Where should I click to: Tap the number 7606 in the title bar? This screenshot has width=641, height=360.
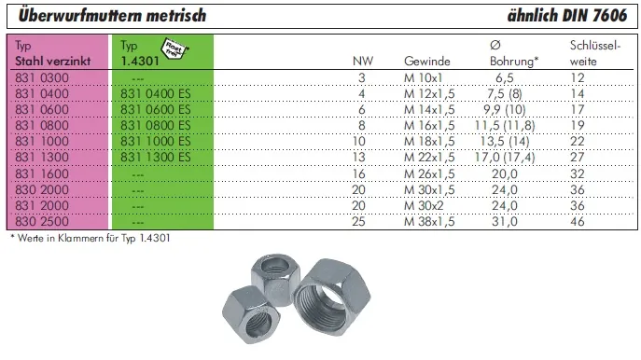pyautogui.click(x=609, y=16)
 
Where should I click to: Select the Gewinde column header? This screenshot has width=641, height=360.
pyautogui.click(x=427, y=62)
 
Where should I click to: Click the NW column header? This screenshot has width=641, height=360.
pyautogui.click(x=363, y=62)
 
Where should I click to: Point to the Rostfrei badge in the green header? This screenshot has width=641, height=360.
pyautogui.click(x=174, y=48)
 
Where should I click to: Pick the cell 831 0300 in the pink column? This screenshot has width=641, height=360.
pyautogui.click(x=42, y=77)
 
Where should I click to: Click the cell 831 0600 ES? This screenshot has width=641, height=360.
pyautogui.click(x=155, y=109)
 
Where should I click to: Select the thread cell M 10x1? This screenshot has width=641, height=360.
pyautogui.click(x=423, y=77)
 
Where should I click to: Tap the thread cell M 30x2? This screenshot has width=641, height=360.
pyautogui.click(x=424, y=205)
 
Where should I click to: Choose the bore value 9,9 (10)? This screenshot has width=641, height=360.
pyautogui.click(x=505, y=109)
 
